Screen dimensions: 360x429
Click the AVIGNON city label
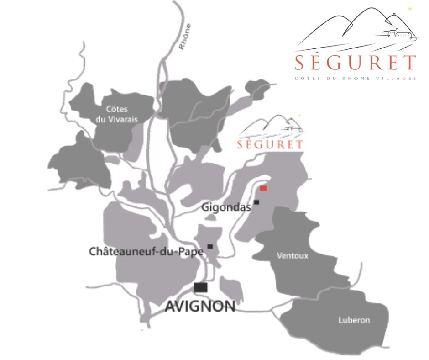coord(200,306)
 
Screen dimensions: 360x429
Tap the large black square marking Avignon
coord(200,287)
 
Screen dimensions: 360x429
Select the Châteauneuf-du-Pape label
coord(146,251)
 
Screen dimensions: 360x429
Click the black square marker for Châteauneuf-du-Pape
coord(210,246)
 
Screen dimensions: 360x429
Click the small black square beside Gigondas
coord(256,202)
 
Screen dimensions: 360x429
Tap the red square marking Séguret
coord(263,188)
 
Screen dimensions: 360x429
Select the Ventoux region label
coord(293,256)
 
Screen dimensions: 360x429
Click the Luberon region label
coord(354,320)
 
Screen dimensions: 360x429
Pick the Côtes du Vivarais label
coord(117,114)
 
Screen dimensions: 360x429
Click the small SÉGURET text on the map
coord(270,145)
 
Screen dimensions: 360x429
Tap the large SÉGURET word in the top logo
coord(356,63)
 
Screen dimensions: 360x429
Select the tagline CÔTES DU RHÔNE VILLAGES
coord(356,78)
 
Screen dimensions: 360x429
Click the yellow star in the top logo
coord(410,8)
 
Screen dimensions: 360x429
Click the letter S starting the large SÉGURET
coord(301,63)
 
